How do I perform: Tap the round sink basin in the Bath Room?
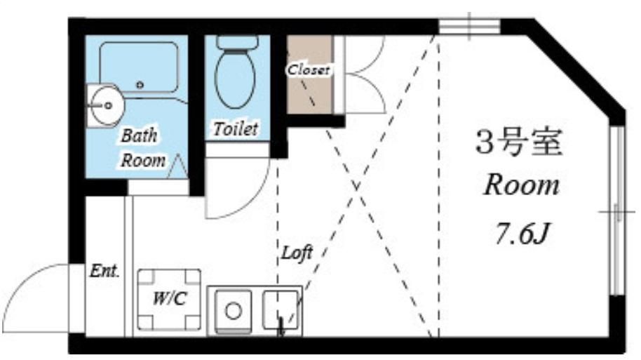tap(105, 105)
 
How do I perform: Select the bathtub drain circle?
tap(140, 85)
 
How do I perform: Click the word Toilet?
tap(236, 129)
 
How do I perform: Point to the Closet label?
tap(309, 69)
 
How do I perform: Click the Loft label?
tap(297, 253)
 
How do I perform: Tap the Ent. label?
tap(104, 270)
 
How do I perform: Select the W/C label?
tap(169, 299)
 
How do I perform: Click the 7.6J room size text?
tap(521, 234)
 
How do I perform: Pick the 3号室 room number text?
tap(519, 142)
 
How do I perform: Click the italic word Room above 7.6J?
tap(521, 185)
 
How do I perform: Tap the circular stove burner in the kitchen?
tap(233, 310)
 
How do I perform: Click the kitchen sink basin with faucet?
tap(281, 310)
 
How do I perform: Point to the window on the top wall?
tap(469, 26)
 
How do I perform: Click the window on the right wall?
tap(617, 211)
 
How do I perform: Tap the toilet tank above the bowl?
tap(237, 41)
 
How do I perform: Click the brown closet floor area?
tap(309, 74)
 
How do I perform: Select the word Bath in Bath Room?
tap(139, 136)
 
